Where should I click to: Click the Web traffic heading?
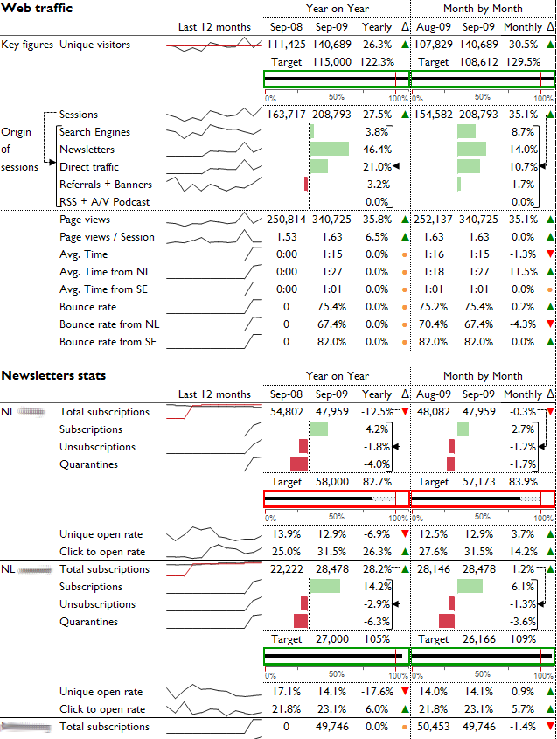37,8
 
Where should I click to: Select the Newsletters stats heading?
53,375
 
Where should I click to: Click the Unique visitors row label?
94,45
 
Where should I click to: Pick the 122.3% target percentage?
377,62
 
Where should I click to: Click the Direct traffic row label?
88,167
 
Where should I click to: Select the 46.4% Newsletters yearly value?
377,150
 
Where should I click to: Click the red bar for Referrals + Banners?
306,185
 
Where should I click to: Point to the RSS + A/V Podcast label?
104,202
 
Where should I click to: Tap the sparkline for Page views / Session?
214,237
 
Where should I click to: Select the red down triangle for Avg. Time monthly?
549,254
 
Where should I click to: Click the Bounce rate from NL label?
109,324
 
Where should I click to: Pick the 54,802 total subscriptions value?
286,412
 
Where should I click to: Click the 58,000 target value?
333,482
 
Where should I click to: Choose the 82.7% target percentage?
377,482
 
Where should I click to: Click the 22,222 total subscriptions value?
286,569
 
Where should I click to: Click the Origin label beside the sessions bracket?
17,132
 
